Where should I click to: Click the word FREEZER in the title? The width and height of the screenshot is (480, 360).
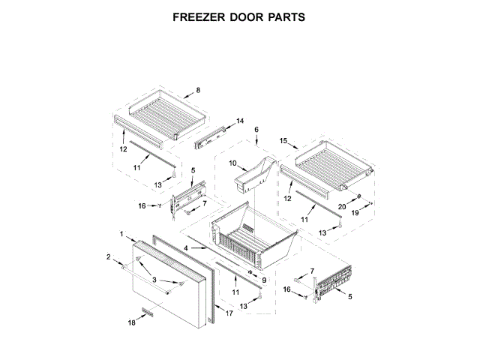pos(200,16)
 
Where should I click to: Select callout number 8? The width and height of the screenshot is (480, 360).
pos(198,91)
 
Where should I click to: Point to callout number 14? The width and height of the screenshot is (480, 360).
pos(240,121)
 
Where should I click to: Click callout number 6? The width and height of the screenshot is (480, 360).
pos(256,130)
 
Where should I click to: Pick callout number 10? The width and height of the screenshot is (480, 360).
pos(232,163)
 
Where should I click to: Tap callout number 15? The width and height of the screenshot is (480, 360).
pos(283,140)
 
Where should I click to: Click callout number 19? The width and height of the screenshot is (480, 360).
pos(357,213)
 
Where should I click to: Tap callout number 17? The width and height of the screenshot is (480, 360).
pos(229,315)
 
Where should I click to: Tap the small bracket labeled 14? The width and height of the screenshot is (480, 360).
pos(213,134)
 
